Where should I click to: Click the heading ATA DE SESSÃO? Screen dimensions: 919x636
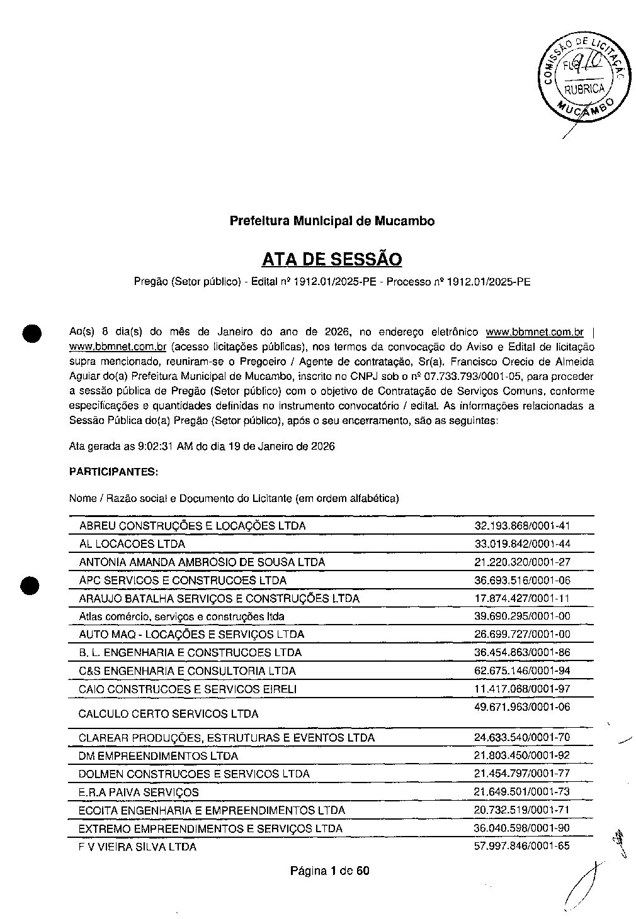331,259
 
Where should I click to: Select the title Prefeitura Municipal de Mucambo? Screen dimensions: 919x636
331,221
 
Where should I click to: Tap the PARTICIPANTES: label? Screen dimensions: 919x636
113,471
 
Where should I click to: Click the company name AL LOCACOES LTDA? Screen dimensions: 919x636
132,544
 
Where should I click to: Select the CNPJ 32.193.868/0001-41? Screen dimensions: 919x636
522,526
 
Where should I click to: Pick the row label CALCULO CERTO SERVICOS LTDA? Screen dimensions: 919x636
168,714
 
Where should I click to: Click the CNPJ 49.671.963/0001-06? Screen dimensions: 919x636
522,708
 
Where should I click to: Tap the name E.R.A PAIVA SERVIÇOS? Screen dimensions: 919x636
139,793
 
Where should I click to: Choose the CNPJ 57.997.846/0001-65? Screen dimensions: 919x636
522,846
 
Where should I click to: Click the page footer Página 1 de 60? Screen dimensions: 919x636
329,871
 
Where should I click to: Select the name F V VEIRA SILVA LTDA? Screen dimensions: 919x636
137,847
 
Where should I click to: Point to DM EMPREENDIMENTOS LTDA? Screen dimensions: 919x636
158,756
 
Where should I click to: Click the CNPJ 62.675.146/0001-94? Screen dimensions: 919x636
522,671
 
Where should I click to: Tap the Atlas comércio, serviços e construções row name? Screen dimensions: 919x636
181,617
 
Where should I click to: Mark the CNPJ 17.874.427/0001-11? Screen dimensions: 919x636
522,598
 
